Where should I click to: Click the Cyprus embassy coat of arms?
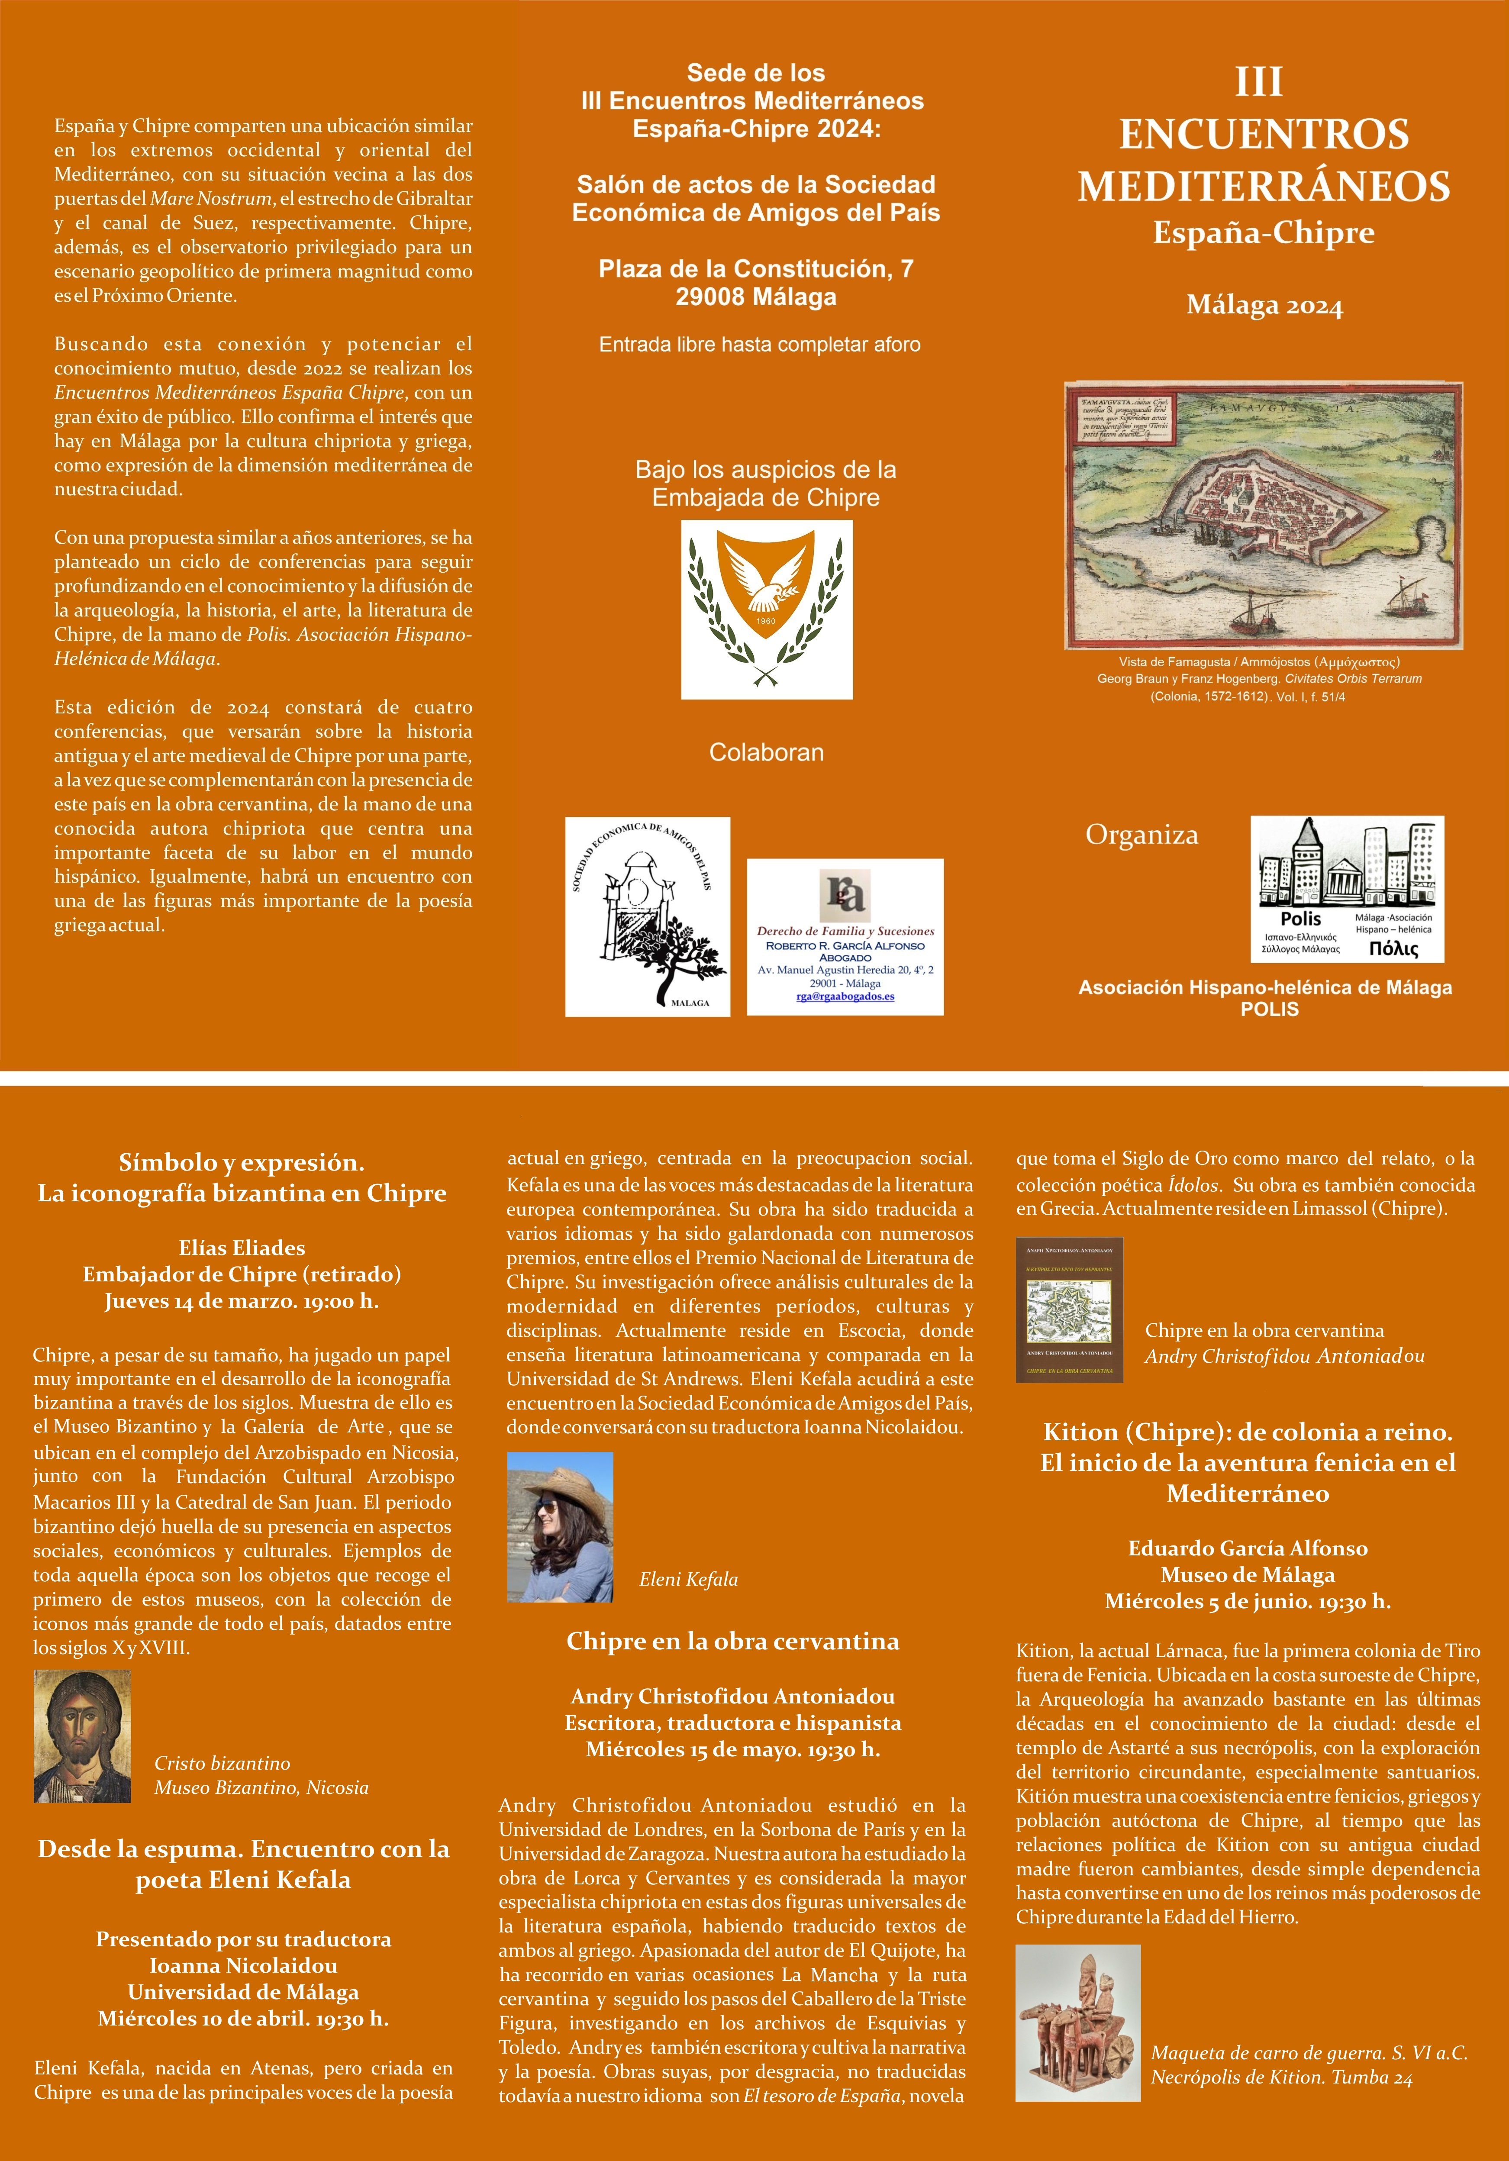click(766, 609)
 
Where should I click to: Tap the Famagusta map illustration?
click(1263, 515)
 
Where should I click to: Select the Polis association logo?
click(1346, 888)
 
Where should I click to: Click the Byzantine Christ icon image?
click(82, 1736)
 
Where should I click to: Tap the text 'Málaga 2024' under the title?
click(1264, 306)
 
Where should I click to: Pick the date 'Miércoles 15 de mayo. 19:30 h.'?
click(732, 1749)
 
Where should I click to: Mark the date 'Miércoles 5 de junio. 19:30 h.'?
click(1247, 1601)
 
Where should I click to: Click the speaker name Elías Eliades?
click(242, 1248)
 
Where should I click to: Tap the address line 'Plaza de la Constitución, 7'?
click(756, 269)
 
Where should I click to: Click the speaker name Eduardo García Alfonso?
click(1247, 1548)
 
